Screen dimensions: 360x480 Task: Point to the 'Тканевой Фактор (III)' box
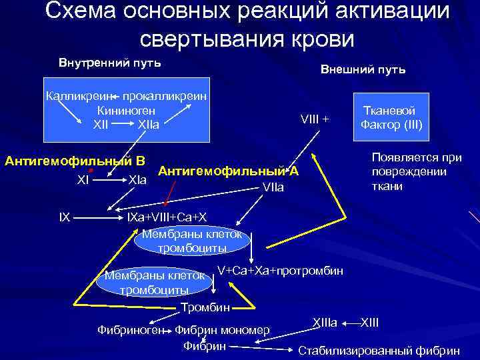point(391,118)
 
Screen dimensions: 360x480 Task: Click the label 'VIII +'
point(315,119)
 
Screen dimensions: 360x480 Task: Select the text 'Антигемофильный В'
point(75,161)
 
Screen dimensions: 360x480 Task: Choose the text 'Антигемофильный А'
point(228,171)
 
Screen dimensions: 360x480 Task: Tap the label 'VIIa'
point(273,188)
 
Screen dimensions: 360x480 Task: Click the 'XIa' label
point(138,180)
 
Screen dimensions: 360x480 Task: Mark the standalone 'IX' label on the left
point(63,217)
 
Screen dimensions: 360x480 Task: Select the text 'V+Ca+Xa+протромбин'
point(281,271)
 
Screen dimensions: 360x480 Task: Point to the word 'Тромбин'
point(205,307)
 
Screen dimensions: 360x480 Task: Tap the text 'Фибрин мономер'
point(223,330)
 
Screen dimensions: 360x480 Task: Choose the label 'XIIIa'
point(325,323)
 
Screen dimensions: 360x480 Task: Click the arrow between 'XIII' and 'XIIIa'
point(351,323)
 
